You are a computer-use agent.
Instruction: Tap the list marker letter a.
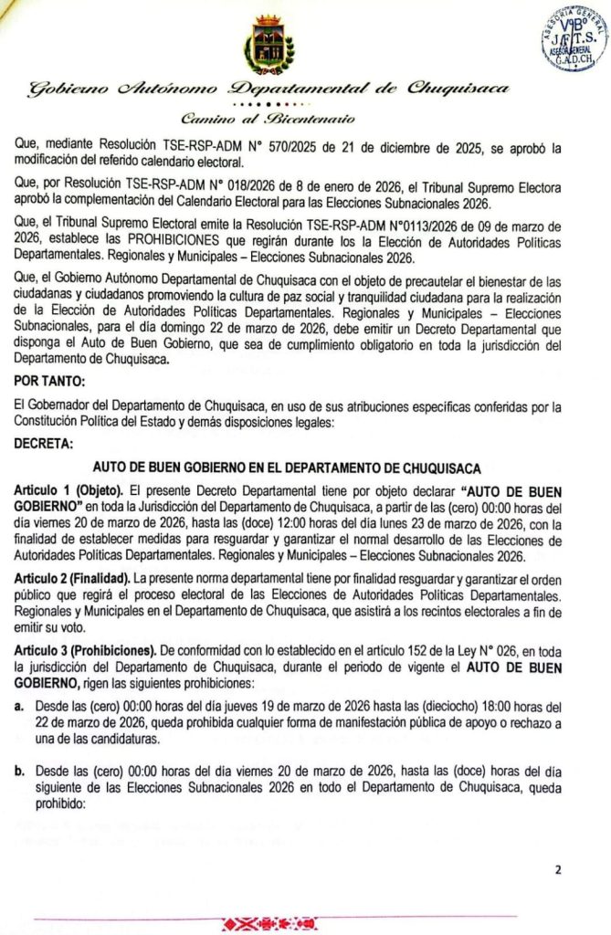[x=20, y=706]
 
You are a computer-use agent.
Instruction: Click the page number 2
[x=558, y=869]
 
